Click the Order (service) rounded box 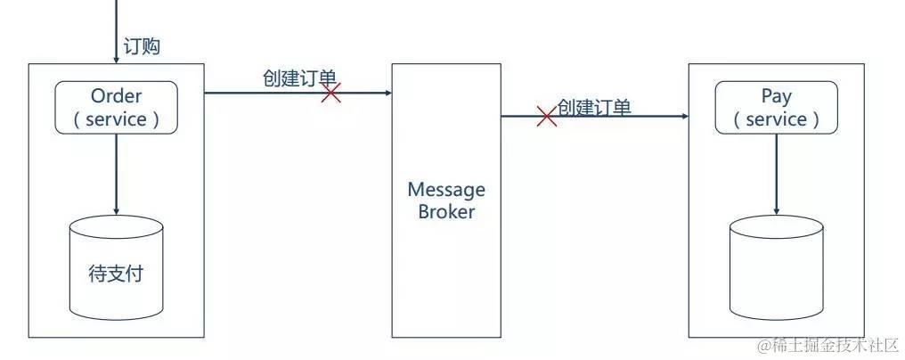coord(117,108)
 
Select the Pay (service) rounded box coord(776,108)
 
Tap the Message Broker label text coord(446,200)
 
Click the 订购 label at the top coord(143,46)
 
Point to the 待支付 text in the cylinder coord(116,274)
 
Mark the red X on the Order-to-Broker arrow coord(331,93)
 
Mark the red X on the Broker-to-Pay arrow coord(547,117)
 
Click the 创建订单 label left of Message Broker coord(298,78)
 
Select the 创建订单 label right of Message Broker coord(594,108)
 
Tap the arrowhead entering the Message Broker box coord(387,93)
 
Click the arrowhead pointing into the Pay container coord(684,117)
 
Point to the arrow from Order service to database coord(117,174)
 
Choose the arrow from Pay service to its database coord(776,174)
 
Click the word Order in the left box coord(117,96)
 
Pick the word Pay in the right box coord(776,96)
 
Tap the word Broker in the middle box coord(446,212)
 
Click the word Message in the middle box coord(446,190)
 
